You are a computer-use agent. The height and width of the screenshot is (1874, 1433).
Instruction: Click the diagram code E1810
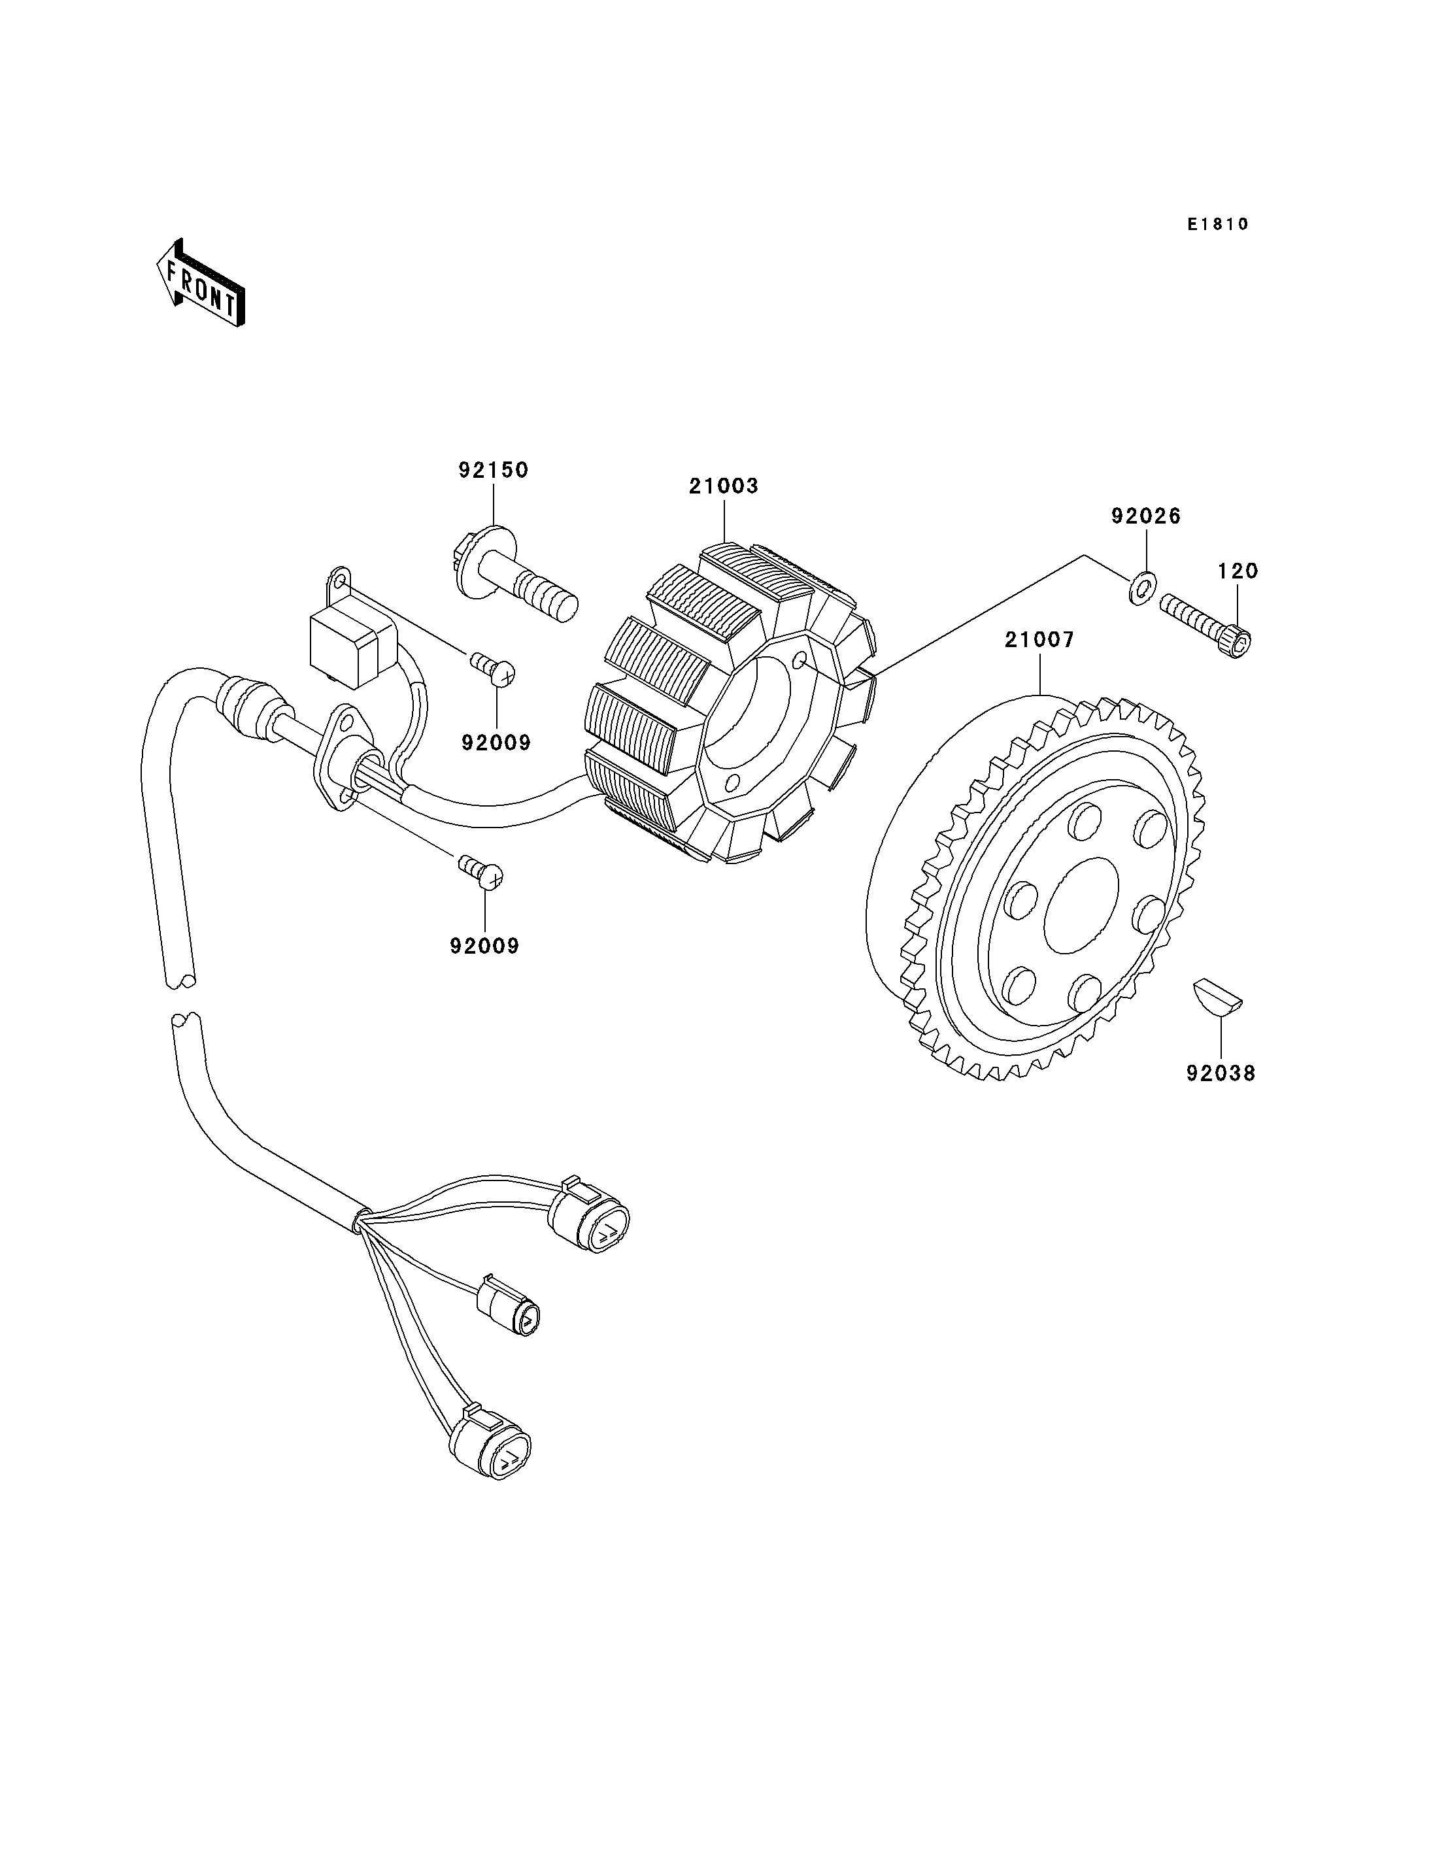pyautogui.click(x=1218, y=224)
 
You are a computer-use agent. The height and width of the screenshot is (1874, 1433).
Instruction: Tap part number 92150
pyautogui.click(x=494, y=470)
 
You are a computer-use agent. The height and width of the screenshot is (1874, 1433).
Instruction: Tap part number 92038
pyautogui.click(x=1221, y=1074)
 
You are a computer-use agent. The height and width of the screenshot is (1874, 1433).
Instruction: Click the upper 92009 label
pyautogui.click(x=496, y=743)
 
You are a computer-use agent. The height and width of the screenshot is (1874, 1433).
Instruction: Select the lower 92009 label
pyautogui.click(x=484, y=946)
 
